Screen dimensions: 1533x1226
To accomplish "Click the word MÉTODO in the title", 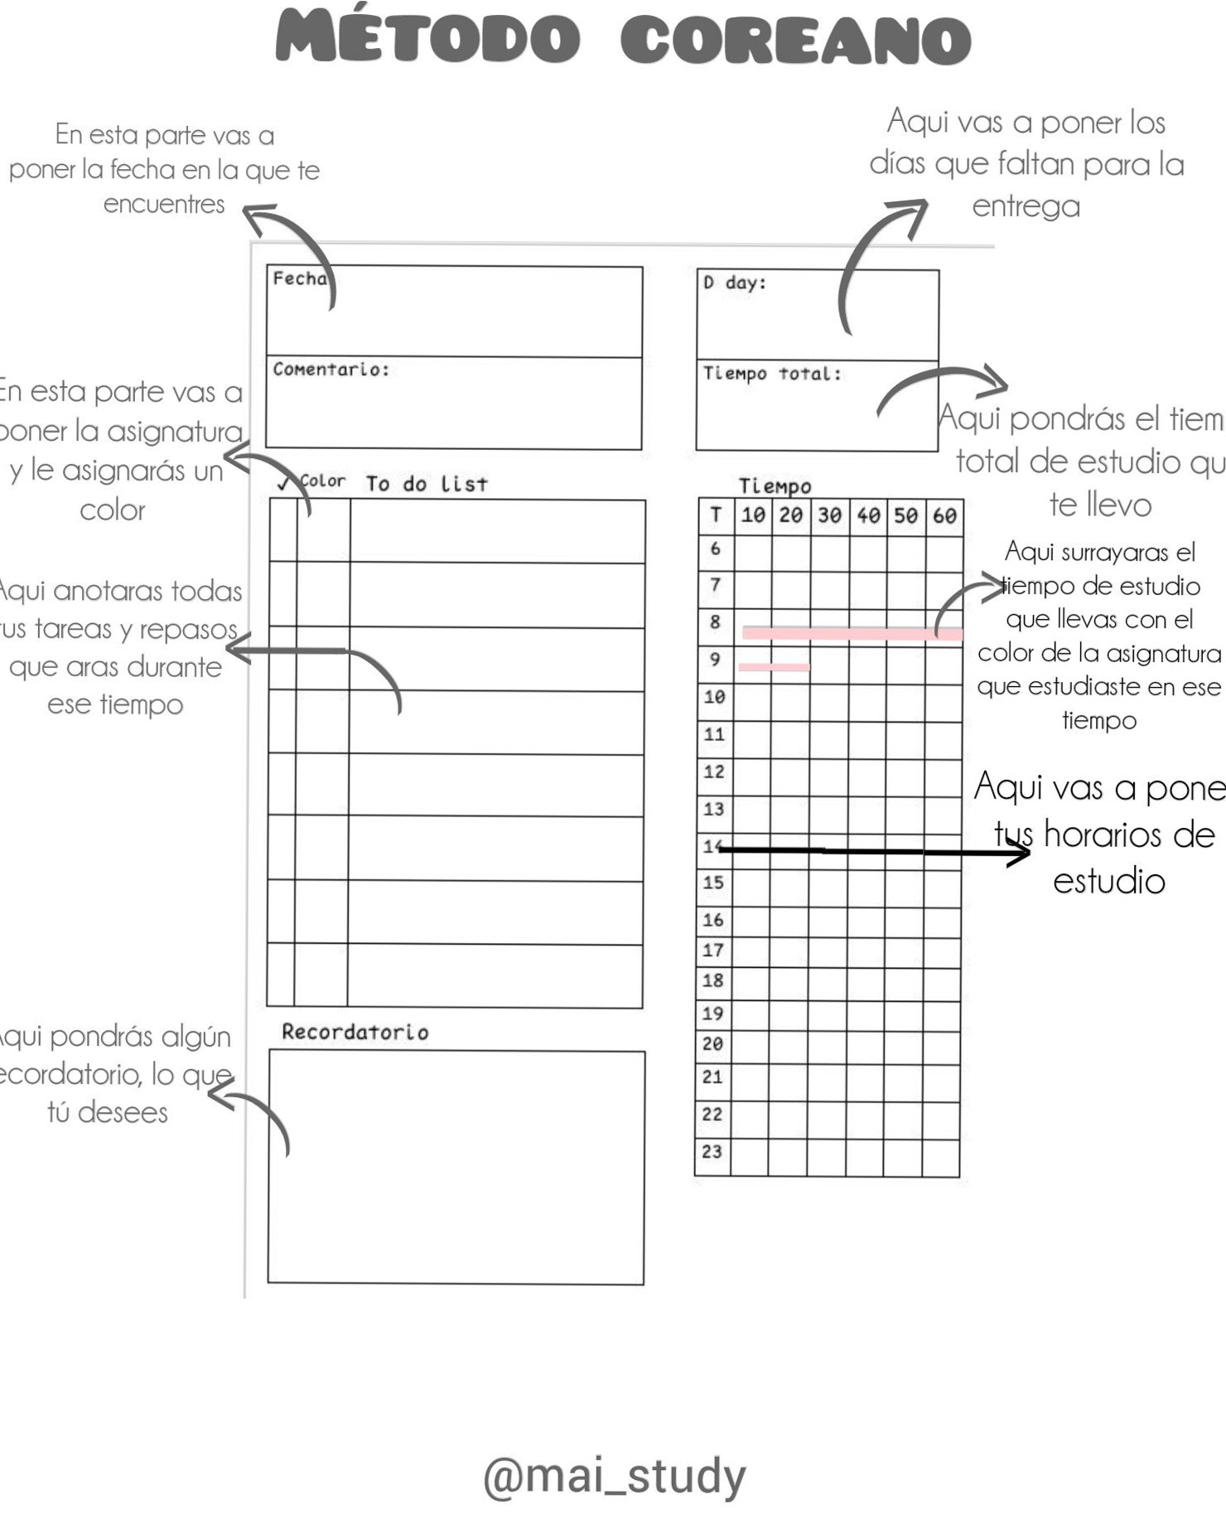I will click(x=427, y=38).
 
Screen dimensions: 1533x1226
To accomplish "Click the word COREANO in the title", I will click(x=795, y=40).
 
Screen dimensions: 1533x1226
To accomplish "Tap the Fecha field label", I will click(x=299, y=279).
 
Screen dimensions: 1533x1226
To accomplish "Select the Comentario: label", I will click(x=331, y=370).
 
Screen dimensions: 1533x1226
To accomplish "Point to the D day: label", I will click(x=734, y=283).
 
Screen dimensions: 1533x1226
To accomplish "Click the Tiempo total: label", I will click(x=771, y=374).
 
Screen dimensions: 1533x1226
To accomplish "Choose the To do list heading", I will click(x=427, y=484).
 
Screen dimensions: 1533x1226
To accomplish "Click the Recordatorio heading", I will click(x=355, y=1032).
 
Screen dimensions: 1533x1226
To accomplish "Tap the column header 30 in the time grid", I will click(x=829, y=515).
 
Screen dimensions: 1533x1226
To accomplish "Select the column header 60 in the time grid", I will click(x=944, y=515).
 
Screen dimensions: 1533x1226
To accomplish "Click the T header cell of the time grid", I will click(x=716, y=515).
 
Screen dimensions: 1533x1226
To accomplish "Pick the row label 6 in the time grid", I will click(x=716, y=549).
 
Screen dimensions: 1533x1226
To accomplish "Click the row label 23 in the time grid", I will click(x=712, y=1151).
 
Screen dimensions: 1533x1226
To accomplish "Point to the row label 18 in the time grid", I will click(x=712, y=980).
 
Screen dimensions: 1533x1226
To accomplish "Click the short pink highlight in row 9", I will click(x=774, y=667).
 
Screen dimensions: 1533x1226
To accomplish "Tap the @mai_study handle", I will click(x=614, y=1476).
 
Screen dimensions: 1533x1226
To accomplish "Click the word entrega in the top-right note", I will click(x=1026, y=206).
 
